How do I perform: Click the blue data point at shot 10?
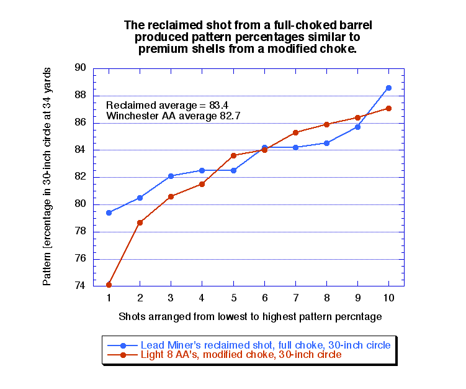click(388, 88)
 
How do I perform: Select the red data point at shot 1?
click(109, 285)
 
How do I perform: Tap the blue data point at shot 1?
click(109, 213)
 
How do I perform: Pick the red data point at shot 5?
click(233, 155)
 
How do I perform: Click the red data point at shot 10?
click(388, 108)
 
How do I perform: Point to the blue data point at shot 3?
click(171, 176)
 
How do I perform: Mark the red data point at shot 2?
click(140, 222)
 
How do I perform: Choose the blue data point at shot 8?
click(326, 143)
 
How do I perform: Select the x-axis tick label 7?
click(295, 298)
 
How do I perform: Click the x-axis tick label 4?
click(202, 298)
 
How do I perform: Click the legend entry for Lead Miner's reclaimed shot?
click(265, 345)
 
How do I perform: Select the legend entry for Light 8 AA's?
click(241, 355)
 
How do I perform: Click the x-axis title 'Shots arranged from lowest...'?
click(249, 316)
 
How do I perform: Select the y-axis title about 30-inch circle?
click(47, 177)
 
